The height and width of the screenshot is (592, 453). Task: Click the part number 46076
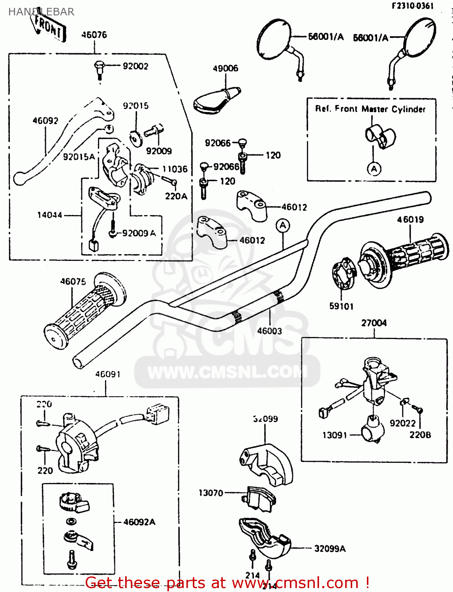pos(94,35)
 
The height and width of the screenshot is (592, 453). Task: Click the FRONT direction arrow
pos(49,27)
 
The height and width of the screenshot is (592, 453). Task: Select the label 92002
pos(135,66)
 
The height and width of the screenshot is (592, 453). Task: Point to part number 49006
pos(226,68)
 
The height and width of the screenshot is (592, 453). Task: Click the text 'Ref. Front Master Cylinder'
pos(370,109)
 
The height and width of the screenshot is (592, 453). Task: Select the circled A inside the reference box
pos(374,169)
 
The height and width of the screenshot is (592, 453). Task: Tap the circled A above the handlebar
pos(283,226)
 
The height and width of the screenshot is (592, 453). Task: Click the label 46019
pos(410,219)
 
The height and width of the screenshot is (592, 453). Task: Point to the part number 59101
pos(342,306)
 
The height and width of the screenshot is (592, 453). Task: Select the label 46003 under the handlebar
pos(270,331)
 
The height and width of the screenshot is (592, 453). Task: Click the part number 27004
pos(374,323)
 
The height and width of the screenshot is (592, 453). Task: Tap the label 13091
pos(335,435)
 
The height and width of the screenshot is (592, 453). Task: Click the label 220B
pos(420,435)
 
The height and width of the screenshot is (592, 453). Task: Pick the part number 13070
pos(211,493)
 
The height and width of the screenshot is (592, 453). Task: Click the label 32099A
pos(330,549)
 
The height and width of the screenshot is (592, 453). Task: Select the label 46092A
pos(139,522)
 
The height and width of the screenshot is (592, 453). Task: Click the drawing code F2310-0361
pos(412,6)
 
